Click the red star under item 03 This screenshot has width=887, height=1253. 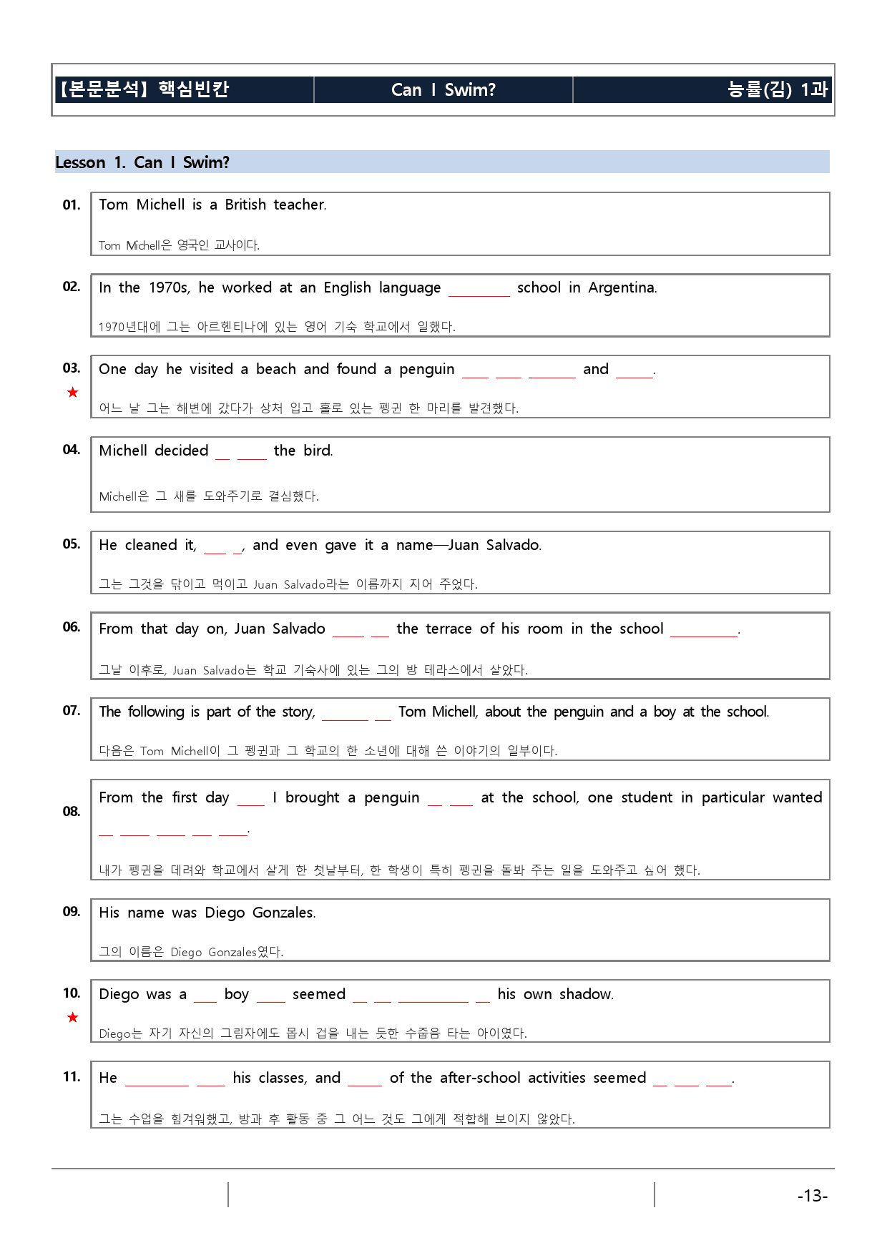72,392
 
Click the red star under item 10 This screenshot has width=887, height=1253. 72,1017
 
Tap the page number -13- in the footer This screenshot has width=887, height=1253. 812,1196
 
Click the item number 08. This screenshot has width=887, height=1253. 71,811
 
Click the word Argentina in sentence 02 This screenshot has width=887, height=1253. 622,288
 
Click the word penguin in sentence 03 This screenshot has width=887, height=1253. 426,369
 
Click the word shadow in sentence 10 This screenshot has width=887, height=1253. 586,994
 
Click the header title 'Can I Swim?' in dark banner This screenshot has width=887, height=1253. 443,89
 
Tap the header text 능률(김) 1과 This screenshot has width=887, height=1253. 777,89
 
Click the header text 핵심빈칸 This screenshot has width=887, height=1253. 194,89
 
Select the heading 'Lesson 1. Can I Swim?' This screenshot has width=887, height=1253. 142,162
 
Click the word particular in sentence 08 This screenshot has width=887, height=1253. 732,797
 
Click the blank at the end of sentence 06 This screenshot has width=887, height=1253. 703,633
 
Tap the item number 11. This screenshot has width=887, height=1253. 71,1076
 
